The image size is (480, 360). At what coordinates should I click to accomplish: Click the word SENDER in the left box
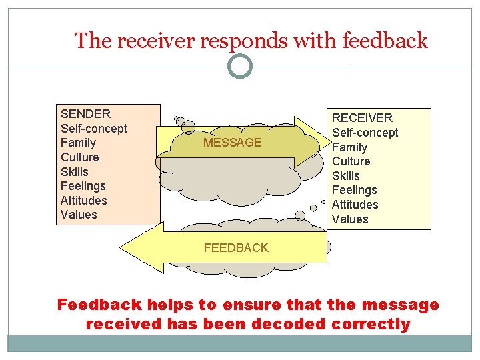(85, 114)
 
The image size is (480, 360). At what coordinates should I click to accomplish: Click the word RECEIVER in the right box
(362, 118)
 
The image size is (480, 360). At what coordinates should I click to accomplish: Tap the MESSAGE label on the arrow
(232, 143)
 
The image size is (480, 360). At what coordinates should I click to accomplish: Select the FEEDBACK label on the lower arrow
(236, 248)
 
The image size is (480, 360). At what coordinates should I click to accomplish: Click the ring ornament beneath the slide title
(240, 66)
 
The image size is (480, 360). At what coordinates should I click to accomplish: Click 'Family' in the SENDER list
(78, 143)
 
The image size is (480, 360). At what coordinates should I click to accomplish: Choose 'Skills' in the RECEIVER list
(345, 176)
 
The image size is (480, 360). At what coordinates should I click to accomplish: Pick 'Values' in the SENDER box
(79, 215)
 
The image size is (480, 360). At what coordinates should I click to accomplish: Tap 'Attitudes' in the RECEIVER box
(355, 205)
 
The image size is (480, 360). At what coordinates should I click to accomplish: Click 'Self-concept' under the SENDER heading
(93, 128)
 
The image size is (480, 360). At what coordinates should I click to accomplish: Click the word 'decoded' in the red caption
(287, 325)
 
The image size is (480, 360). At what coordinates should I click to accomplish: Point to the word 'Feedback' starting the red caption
(99, 305)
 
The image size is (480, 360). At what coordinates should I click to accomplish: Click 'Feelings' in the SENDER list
(83, 186)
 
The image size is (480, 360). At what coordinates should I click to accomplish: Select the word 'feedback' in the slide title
(385, 41)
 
